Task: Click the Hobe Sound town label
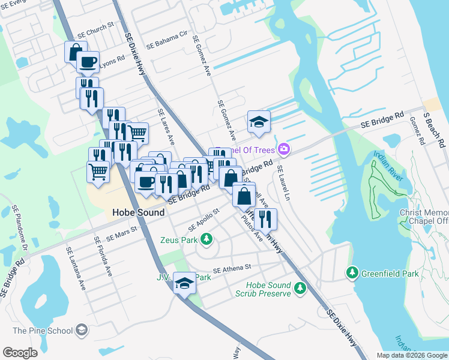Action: coord(138,213)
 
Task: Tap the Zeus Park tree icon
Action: coord(206,240)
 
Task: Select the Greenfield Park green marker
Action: coord(352,274)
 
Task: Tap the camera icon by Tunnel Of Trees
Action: coord(283,149)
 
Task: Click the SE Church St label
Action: coord(95,31)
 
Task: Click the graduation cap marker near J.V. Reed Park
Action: coord(184,283)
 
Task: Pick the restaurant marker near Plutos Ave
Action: coord(265,220)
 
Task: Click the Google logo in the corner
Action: coord(20,353)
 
